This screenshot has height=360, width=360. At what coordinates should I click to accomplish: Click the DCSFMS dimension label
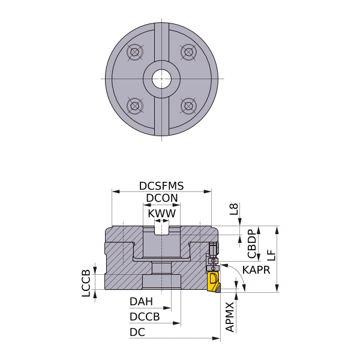point(161,186)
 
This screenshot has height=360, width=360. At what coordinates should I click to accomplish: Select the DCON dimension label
point(161,199)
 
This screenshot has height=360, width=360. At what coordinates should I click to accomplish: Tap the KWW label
point(161,214)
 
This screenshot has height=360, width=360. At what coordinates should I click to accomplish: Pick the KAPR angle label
point(256,269)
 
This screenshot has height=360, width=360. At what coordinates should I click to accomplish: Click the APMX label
point(230,317)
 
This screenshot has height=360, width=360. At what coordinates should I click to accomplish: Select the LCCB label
point(86,283)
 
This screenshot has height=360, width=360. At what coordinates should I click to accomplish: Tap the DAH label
point(141,302)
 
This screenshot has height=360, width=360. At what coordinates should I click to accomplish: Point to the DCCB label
point(145,316)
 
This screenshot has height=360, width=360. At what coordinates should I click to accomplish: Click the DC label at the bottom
point(137,331)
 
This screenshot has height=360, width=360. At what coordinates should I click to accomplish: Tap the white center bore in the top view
point(161,78)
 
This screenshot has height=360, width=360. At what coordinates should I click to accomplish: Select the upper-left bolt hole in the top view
point(135,53)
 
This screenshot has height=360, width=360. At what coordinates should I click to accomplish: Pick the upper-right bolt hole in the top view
point(188,53)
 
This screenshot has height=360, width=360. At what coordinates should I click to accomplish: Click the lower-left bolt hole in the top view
point(135,106)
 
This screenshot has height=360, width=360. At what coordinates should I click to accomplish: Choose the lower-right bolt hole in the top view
point(188,106)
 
